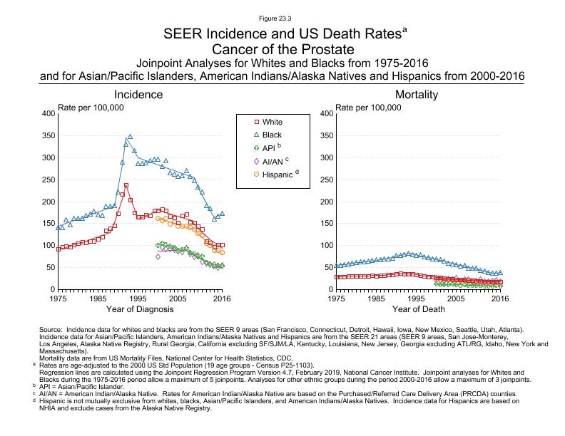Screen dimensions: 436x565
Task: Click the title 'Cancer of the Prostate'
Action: [x=282, y=49]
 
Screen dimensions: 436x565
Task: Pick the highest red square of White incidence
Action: [x=126, y=185]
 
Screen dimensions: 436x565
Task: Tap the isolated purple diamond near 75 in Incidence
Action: [x=158, y=256]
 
